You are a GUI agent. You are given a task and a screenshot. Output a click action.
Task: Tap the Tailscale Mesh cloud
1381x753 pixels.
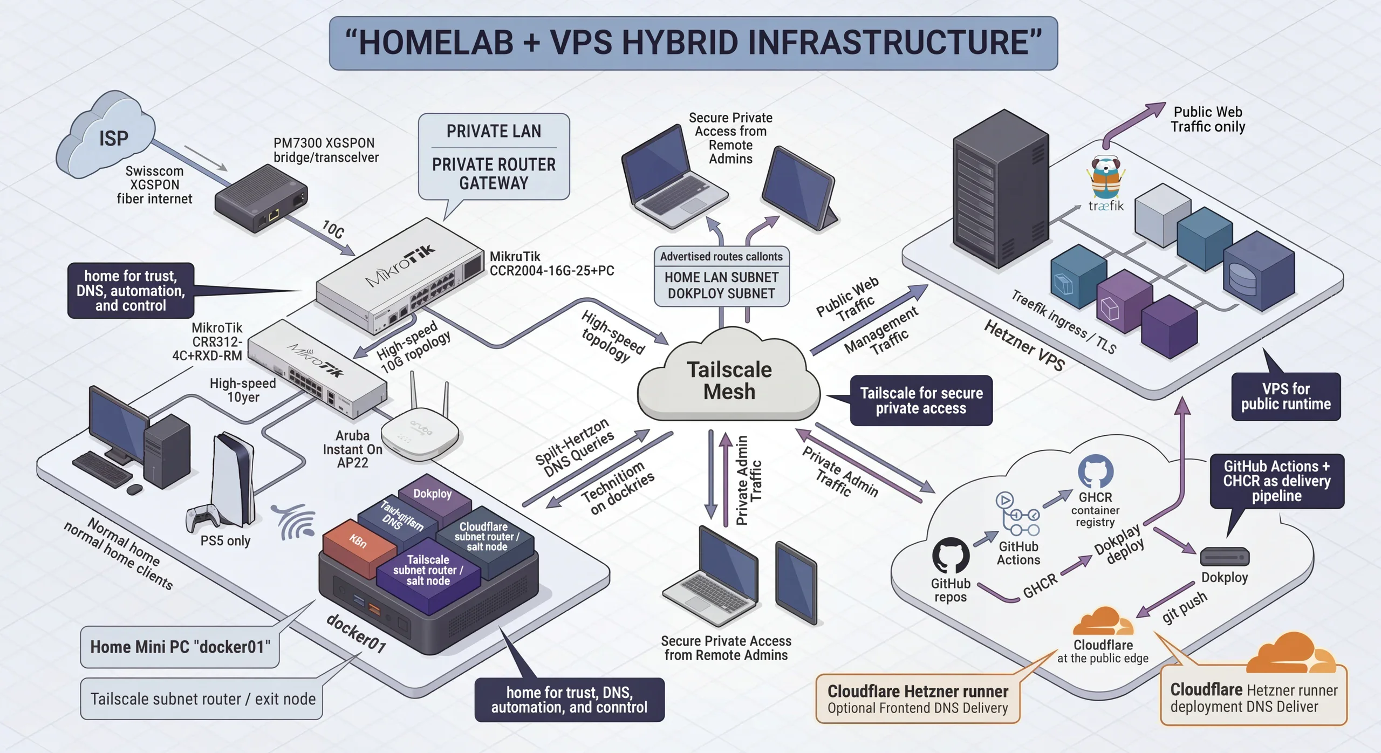tap(729, 380)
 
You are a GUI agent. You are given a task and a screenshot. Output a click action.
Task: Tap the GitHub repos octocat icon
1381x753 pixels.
tap(951, 555)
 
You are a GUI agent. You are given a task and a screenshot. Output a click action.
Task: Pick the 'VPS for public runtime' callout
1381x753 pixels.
tap(1286, 396)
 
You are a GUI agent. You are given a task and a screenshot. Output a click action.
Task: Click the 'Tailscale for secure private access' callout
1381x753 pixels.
tap(921, 401)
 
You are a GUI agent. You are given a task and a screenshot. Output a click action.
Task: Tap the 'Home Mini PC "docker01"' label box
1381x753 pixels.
tap(180, 647)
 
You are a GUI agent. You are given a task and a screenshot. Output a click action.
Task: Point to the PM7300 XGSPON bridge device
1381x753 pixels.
tap(261, 197)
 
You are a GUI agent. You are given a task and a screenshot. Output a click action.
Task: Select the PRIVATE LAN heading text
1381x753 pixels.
tap(494, 132)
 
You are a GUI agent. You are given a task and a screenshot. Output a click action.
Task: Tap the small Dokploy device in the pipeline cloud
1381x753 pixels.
tap(1225, 556)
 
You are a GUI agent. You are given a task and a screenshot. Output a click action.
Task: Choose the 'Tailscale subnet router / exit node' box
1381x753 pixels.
tap(202, 699)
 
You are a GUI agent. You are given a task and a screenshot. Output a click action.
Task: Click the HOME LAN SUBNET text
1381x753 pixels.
tap(721, 277)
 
